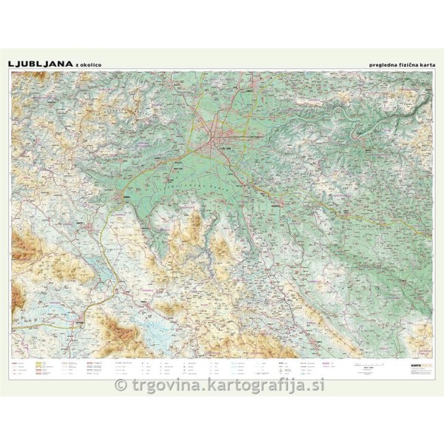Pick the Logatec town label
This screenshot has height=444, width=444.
(78, 220)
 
